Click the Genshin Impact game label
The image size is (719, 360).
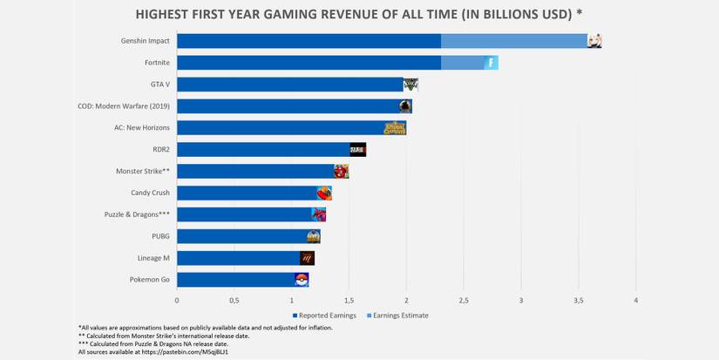[145, 41]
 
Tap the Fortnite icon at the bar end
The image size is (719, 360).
[491, 63]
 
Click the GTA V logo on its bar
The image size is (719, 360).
[410, 85]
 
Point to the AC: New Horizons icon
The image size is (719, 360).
[395, 128]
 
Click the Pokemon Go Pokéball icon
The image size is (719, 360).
[302, 280]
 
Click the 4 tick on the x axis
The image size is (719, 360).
[636, 301]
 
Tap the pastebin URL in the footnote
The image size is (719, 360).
[178, 351]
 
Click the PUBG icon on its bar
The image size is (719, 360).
[314, 236]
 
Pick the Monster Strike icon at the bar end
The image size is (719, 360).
[341, 171]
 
